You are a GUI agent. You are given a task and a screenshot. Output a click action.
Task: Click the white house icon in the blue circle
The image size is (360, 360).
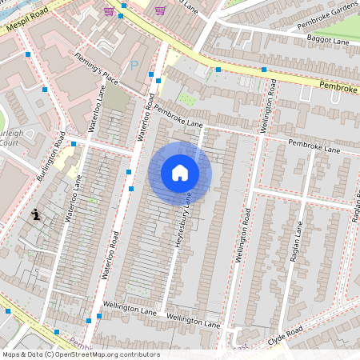180,173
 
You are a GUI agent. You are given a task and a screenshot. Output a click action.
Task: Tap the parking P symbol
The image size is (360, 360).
134,66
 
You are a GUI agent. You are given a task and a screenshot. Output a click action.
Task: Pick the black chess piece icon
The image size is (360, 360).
37,214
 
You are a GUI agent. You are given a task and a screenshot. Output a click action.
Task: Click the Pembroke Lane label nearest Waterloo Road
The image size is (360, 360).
178,117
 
